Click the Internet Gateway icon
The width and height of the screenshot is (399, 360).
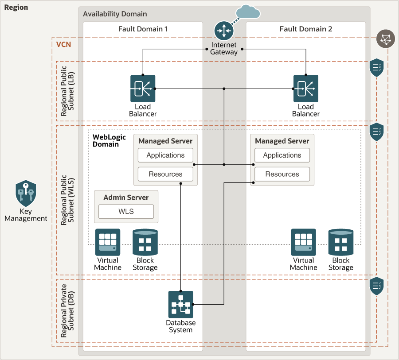click(x=224, y=31)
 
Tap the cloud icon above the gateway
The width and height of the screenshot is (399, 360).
click(x=247, y=12)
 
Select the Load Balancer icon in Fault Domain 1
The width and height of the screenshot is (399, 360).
click(x=143, y=89)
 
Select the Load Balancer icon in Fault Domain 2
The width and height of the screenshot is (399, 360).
click(x=305, y=89)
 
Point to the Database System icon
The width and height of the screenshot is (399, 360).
click(x=181, y=304)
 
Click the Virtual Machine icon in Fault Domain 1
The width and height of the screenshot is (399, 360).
click(x=108, y=242)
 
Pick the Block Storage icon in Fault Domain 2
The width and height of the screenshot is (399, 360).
click(x=340, y=242)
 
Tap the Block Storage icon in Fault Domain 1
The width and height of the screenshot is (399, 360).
click(x=145, y=242)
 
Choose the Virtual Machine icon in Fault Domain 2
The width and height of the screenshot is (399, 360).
click(x=303, y=242)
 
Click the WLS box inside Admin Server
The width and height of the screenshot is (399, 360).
click(x=126, y=212)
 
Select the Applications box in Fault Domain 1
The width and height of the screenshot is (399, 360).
click(x=165, y=155)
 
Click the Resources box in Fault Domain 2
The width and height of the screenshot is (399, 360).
click(x=282, y=174)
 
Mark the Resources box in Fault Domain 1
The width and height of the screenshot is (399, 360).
click(x=165, y=174)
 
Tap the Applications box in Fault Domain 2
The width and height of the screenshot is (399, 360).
click(x=282, y=155)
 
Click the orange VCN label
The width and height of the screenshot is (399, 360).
click(x=63, y=45)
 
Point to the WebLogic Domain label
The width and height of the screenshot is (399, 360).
click(x=106, y=141)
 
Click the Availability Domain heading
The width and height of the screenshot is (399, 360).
click(x=115, y=14)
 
